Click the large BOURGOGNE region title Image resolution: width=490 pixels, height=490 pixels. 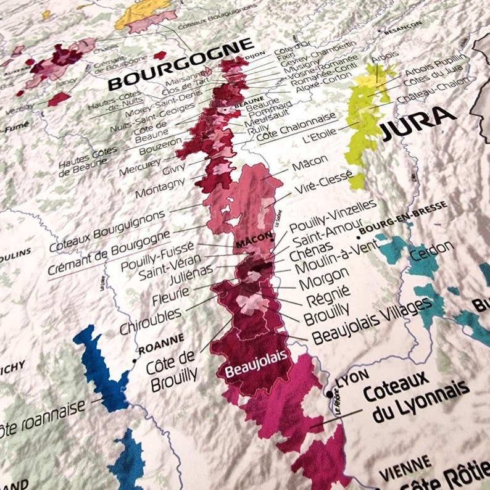[x=180, y=64]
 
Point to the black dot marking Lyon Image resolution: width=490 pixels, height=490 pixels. [x=330, y=394]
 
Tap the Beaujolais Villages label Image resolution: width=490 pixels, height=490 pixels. [x=371, y=321]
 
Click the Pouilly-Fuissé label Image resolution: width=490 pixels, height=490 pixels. [x=157, y=257]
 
